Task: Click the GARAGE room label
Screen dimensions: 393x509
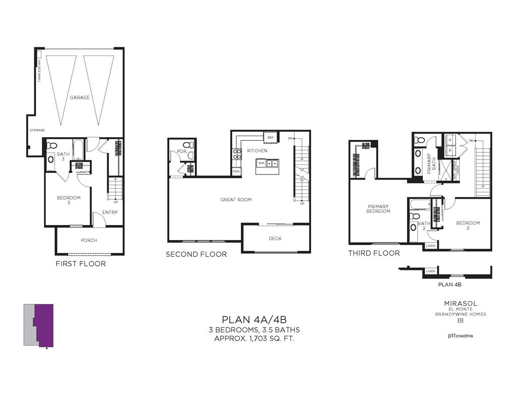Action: point(80,97)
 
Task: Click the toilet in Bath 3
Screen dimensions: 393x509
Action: point(52,145)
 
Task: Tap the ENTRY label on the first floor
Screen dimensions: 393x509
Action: point(110,212)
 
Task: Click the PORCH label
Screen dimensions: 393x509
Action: point(89,240)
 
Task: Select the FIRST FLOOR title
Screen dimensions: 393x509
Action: point(80,264)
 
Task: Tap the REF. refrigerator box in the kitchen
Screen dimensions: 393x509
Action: point(270,138)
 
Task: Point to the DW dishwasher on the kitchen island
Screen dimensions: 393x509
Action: point(262,163)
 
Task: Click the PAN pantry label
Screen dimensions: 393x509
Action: point(236,172)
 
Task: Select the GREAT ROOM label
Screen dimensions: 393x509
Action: point(236,200)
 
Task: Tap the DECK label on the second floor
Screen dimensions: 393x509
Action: point(275,239)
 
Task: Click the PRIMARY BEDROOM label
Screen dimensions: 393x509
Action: point(378,208)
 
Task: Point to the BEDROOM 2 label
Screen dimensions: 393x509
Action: point(468,226)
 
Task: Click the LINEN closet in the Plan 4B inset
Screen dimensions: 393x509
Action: point(430,271)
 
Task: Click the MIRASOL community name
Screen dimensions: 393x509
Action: point(461,303)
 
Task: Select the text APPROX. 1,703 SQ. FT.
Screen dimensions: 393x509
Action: point(254,339)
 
